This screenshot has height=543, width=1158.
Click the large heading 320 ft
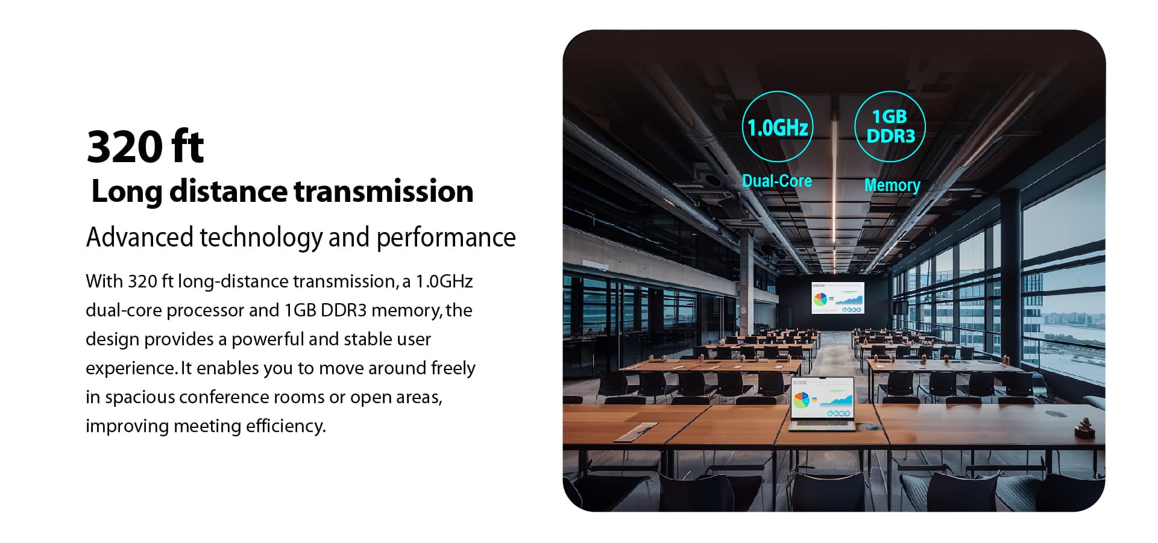pos(145,146)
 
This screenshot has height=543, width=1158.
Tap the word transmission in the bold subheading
pos(383,192)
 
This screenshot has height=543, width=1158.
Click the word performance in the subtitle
pos(446,238)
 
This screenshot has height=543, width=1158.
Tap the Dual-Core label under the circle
pos(776,181)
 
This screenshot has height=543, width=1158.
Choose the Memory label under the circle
pos(892,185)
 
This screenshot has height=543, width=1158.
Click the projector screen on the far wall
pos(838,298)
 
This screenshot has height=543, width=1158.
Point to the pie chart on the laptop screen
pos(802,400)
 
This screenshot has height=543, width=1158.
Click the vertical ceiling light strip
pos(835,193)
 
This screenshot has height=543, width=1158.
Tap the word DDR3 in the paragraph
pos(344,310)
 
